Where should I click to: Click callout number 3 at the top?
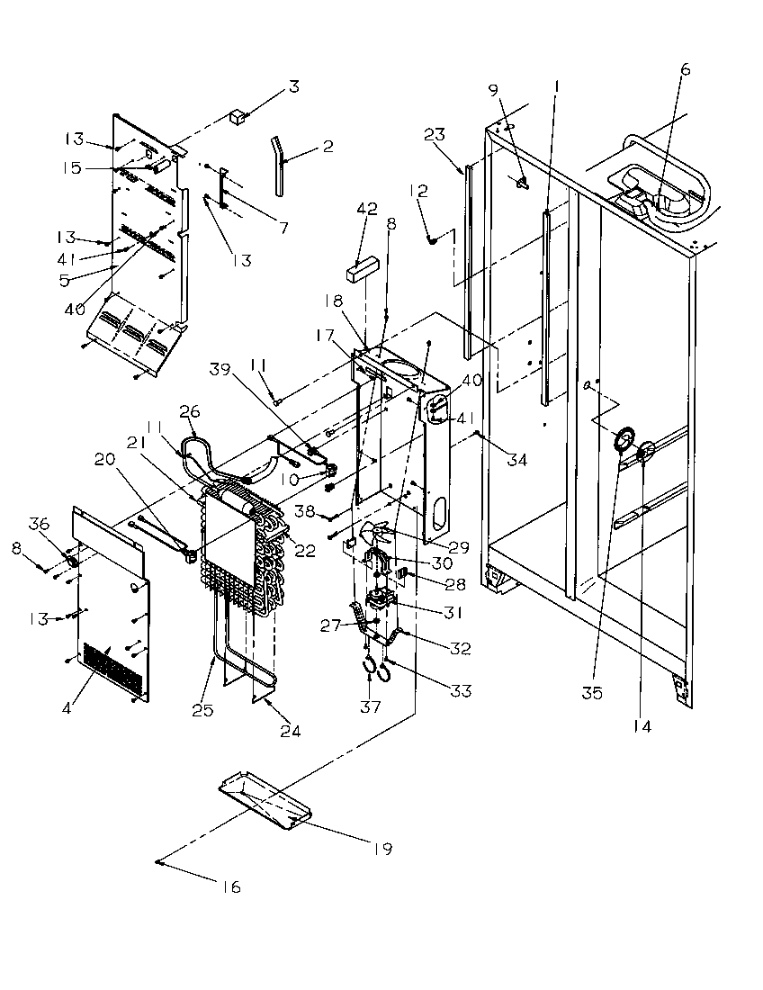tap(293, 87)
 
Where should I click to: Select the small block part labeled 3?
tap(238, 116)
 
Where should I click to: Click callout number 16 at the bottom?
tap(231, 887)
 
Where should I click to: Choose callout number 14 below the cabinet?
tap(642, 724)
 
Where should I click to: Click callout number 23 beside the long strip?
tap(435, 135)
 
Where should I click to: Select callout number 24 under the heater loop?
tap(290, 731)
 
